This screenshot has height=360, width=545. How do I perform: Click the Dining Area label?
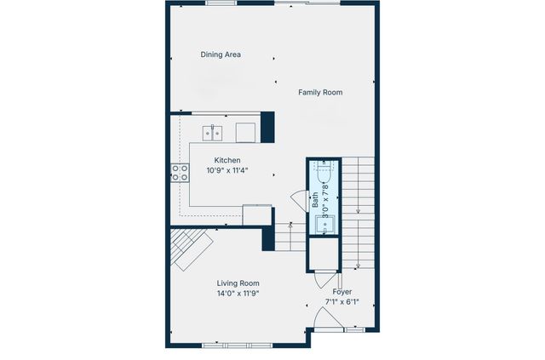(221, 54)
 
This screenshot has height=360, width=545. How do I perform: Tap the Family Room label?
(320, 92)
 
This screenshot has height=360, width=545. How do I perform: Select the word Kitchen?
(227, 160)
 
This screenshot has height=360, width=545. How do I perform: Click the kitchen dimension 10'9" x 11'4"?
(227, 170)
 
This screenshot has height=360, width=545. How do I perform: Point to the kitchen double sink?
(212, 132)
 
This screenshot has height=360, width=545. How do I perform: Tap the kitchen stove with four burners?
(181, 172)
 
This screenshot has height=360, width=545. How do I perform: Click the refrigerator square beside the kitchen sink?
(245, 132)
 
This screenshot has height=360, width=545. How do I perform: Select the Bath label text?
(315, 201)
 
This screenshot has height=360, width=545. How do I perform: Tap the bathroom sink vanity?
(324, 226)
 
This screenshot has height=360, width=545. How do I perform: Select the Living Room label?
(238, 283)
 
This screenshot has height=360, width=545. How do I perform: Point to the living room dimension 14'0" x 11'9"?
(238, 294)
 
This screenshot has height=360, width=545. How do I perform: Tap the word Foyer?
(341, 292)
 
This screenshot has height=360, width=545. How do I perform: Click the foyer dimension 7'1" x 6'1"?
(341, 302)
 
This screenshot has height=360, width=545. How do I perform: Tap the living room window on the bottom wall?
(238, 345)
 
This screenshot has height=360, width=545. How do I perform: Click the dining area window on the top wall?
(221, 3)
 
